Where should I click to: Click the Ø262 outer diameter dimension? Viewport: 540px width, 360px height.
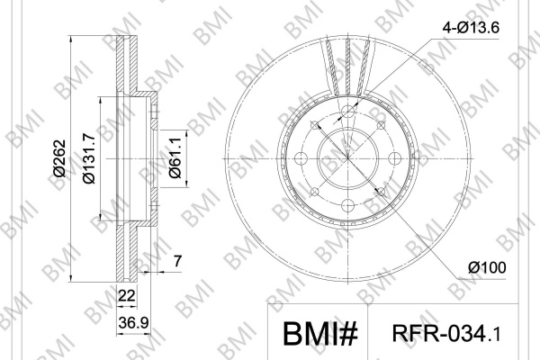tap(59, 158)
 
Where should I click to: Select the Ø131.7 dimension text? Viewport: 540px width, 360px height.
tap(89, 158)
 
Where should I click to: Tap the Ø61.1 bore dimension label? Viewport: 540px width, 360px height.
tap(175, 157)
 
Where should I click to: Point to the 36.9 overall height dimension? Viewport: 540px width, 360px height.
tap(133, 323)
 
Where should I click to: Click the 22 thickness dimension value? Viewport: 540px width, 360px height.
tap(126, 295)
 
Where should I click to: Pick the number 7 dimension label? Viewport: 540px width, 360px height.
tap(177, 261)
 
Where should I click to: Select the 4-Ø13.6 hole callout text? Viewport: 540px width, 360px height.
tap(471, 28)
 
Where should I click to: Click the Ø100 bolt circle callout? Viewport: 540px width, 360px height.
tap(487, 267)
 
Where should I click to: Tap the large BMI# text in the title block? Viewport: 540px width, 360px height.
tap(320, 334)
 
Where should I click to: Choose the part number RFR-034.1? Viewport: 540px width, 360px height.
tap(446, 334)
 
